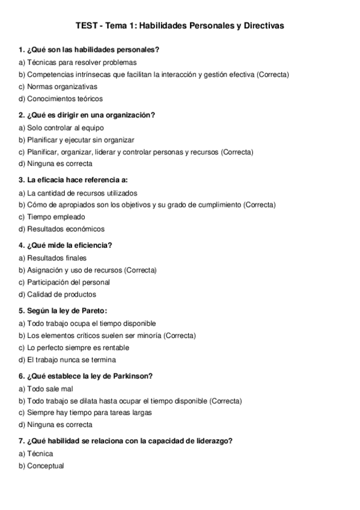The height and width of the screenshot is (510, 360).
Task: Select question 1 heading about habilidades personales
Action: click(89, 49)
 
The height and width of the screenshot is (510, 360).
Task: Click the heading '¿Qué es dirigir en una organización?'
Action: click(87, 115)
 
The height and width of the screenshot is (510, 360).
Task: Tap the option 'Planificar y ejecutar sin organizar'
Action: click(76, 140)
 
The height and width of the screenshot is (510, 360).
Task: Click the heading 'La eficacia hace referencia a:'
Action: click(73, 180)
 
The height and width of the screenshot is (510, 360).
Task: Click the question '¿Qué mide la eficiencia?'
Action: click(66, 245)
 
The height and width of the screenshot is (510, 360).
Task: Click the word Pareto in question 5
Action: click(94, 310)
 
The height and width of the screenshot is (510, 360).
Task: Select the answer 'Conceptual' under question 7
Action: click(45, 465)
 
